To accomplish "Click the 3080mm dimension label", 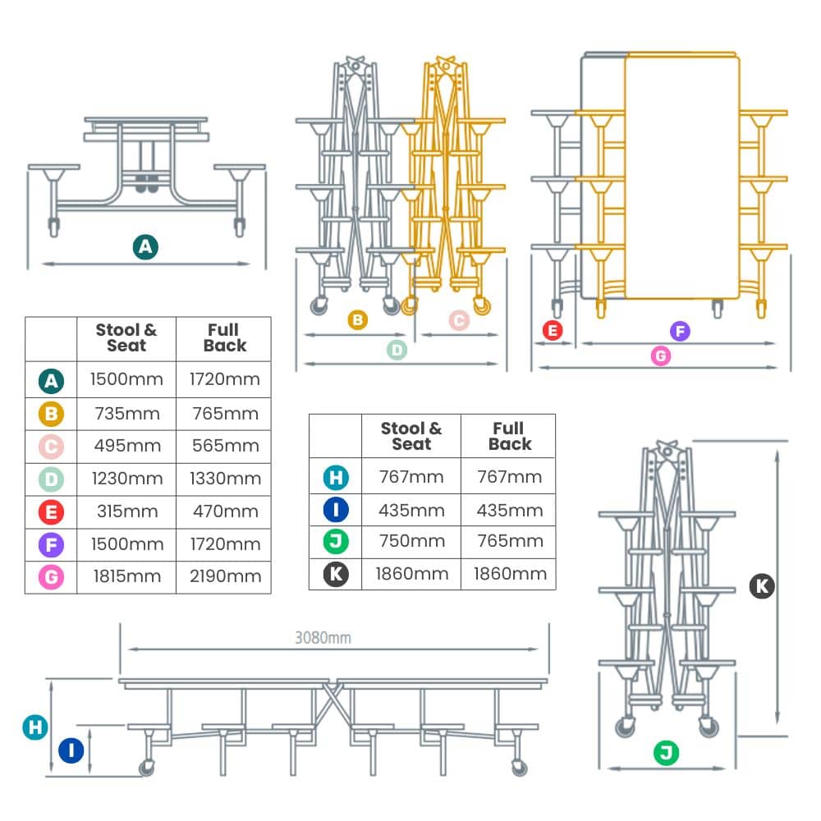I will (x=323, y=638).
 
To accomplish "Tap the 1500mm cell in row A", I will (x=126, y=379).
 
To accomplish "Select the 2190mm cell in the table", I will (x=224, y=576).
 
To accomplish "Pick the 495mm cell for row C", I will (x=126, y=446).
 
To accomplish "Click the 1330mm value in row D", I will (x=224, y=479).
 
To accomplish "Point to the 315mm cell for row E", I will (x=126, y=511).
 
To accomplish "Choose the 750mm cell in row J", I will (x=411, y=541).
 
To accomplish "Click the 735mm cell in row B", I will (x=126, y=413).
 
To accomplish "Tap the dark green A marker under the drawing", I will (x=145, y=246).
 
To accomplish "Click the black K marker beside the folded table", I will (x=763, y=586).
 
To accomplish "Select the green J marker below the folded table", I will (x=666, y=752).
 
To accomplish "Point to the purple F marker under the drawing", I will (x=679, y=332).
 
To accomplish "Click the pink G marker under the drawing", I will (x=660, y=355).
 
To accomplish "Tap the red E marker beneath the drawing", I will (x=553, y=331).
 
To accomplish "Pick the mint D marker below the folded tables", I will (x=397, y=351).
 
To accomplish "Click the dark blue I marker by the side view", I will (x=71, y=750).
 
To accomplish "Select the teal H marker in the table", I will (x=335, y=477).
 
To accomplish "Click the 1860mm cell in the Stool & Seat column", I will (x=411, y=574).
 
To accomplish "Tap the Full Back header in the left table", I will (x=224, y=338).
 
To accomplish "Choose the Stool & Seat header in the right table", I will (x=411, y=436).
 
